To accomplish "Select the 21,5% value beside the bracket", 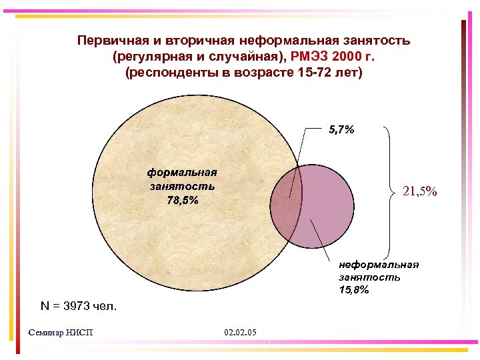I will click(x=420, y=191).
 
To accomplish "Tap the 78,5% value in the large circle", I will click(x=182, y=200).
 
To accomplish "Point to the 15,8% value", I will click(x=353, y=290).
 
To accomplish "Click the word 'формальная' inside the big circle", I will click(x=182, y=172).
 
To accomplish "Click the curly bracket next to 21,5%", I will click(x=389, y=191).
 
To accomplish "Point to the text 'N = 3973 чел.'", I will click(x=78, y=307).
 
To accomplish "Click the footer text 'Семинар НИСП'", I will click(x=62, y=332).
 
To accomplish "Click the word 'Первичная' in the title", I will click(x=109, y=41).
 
